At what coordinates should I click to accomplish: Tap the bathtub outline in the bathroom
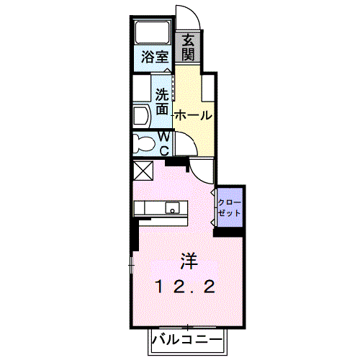click(x=151, y=32)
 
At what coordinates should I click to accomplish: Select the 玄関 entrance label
click(x=187, y=47)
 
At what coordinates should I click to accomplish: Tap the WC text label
click(x=164, y=143)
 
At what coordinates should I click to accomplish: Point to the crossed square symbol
click(x=143, y=171)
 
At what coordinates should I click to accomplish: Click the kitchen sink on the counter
click(x=172, y=208)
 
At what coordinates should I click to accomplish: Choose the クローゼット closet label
click(x=230, y=208)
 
